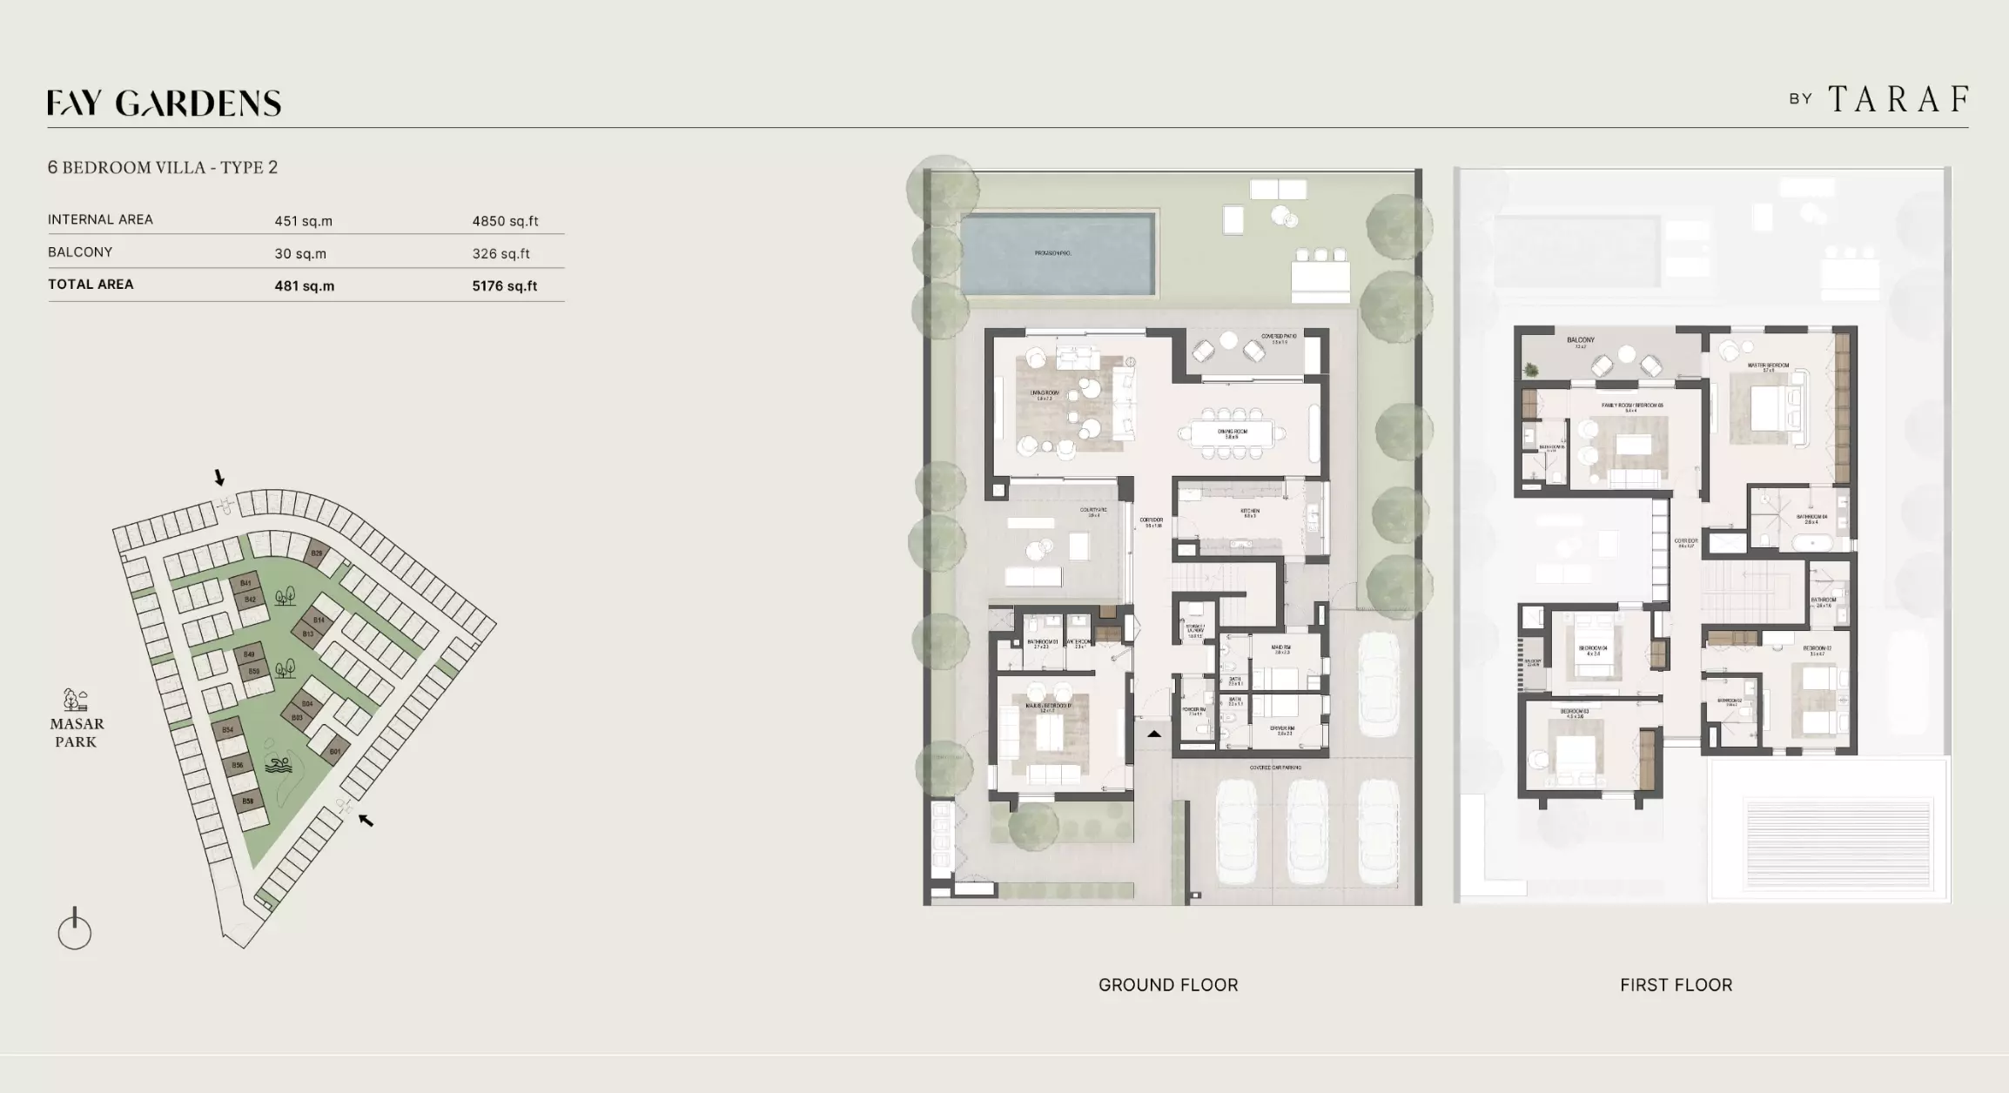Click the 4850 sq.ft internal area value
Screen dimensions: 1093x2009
(505, 221)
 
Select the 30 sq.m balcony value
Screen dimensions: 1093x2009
(300, 254)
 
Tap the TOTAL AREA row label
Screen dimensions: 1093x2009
(91, 285)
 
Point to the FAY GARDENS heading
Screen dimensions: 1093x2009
(164, 104)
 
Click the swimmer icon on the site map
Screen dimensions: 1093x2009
(278, 766)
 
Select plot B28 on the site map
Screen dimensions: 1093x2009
(317, 553)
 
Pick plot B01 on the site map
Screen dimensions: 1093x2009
(335, 751)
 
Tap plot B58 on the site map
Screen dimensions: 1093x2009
(248, 801)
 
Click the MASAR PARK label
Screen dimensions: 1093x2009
(77, 732)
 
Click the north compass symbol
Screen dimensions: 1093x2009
(75, 929)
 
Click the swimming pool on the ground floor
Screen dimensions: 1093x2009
(1057, 253)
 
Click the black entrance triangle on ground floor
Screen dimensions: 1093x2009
(1153, 734)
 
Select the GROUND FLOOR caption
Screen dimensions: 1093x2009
(1167, 985)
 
